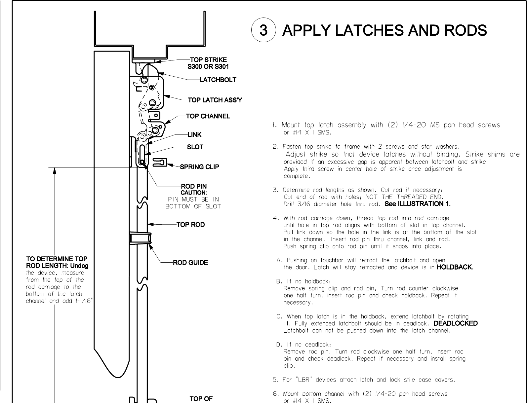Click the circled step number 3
pos(263,30)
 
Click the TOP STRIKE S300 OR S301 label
pos(208,63)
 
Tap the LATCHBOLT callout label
pos(218,80)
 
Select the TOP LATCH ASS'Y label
pos(215,100)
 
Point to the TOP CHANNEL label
pos(208,116)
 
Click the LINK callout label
pos(194,135)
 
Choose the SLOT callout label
pos(195,147)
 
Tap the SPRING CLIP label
pos(199,167)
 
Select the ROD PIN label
pos(194,186)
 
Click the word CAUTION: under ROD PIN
pos(194,193)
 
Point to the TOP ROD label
pos(190,225)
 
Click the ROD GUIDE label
pos(190,263)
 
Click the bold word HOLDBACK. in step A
pos(455,267)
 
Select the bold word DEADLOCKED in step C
pos(456,323)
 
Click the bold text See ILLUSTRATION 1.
pos(418,204)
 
